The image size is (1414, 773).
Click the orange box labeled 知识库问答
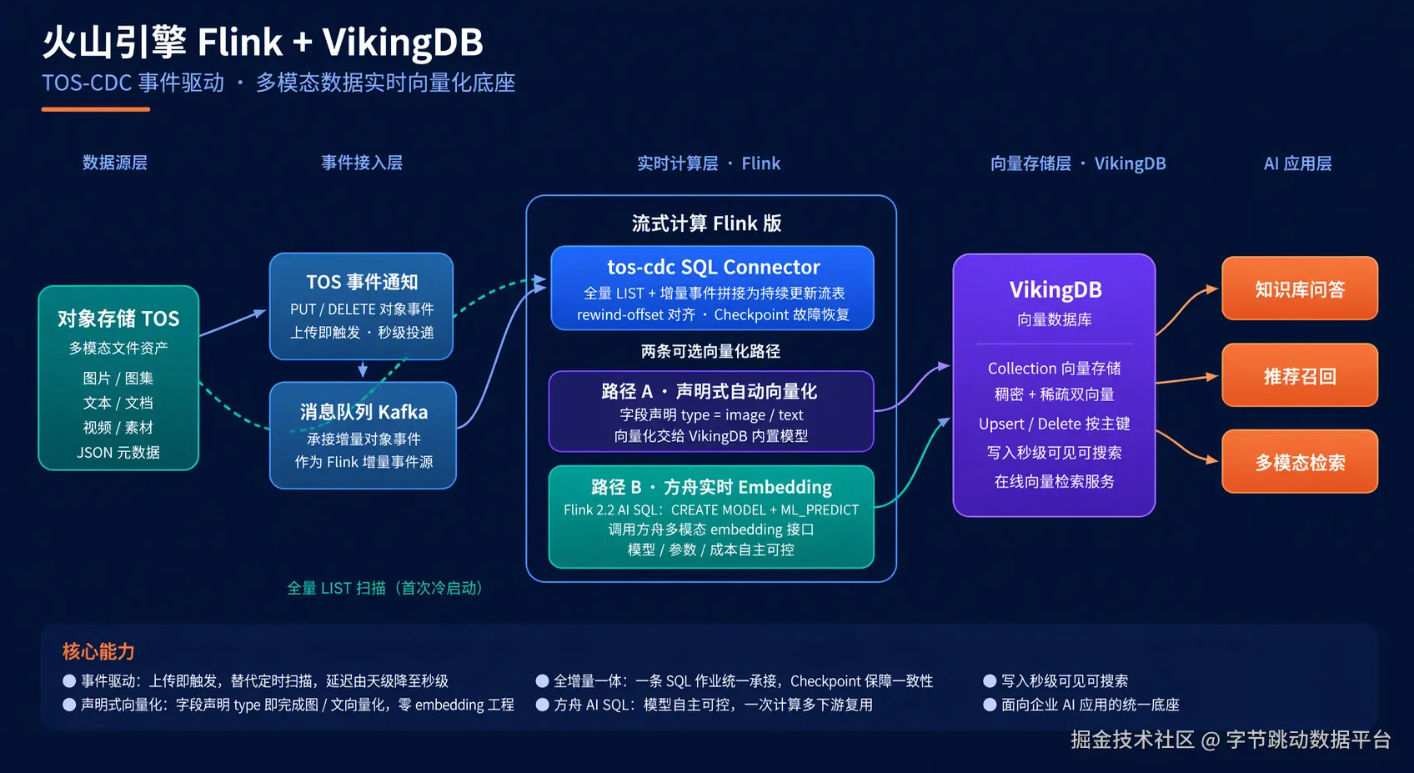(1300, 289)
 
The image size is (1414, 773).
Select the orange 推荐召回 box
(1300, 375)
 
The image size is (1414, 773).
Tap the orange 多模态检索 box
(1300, 462)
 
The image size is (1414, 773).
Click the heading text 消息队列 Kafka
(364, 412)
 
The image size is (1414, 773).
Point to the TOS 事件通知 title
(362, 282)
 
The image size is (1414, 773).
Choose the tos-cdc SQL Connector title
(714, 267)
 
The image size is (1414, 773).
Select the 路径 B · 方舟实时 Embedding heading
(711, 487)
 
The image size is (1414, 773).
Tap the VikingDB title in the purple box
(1055, 289)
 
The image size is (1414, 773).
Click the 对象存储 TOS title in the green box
(118, 319)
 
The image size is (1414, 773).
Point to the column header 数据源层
(115, 163)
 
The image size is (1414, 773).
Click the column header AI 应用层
(1298, 163)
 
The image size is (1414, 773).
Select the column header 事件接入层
(362, 163)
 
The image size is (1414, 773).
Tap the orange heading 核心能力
(98, 651)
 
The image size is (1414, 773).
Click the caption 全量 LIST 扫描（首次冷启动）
(385, 588)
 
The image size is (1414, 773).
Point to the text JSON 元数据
(118, 452)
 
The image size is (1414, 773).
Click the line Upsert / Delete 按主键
(1054, 423)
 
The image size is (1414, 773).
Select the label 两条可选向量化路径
(711, 351)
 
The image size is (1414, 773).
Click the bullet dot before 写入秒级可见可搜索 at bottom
(990, 680)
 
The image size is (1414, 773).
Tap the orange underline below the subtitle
(96, 109)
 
